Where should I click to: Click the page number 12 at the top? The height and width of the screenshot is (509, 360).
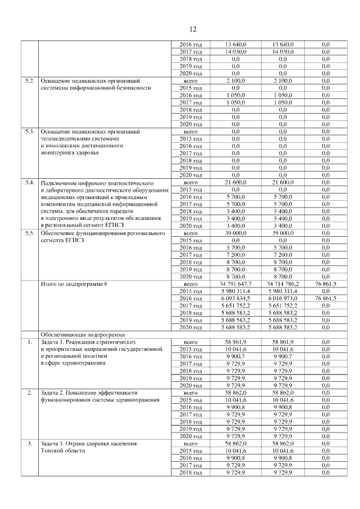(191, 29)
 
